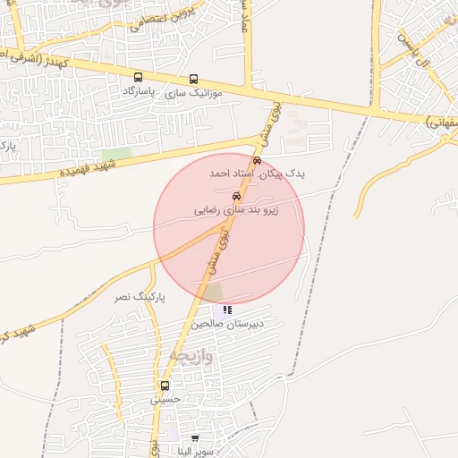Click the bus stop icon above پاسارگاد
[x=138, y=78]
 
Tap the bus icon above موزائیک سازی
[x=194, y=79]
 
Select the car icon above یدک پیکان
[x=258, y=161]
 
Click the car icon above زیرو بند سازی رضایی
[x=236, y=196]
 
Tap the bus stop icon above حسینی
[x=165, y=386]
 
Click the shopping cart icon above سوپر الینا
[x=195, y=438]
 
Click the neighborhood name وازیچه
[x=190, y=356]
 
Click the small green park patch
[x=116, y=154]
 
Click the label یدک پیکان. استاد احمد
[x=258, y=174]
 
